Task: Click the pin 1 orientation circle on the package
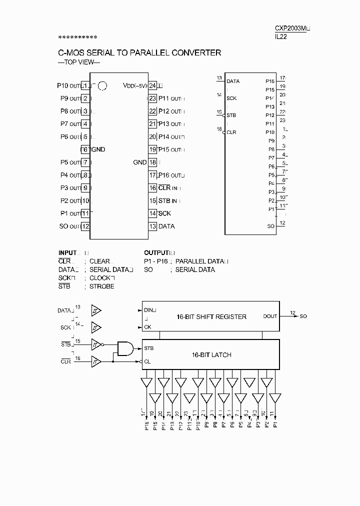tap(102, 86)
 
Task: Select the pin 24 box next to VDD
tap(152, 85)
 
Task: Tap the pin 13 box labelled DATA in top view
tap(152, 226)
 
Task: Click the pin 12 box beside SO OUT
tap(85, 226)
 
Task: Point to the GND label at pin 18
tap(140, 162)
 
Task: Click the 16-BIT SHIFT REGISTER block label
tap(211, 316)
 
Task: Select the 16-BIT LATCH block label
tap(211, 354)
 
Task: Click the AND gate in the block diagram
tap(124, 348)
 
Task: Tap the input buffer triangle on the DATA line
tap(95, 311)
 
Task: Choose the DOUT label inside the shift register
tap(270, 316)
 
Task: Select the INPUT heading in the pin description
tap(67, 253)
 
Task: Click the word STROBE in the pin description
tap(101, 286)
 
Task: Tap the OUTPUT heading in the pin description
tap(156, 253)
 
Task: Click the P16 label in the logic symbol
tap(270, 81)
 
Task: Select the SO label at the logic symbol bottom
tap(271, 226)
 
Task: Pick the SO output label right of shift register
tap(303, 316)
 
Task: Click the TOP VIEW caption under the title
tap(79, 62)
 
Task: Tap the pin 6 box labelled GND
tap(84, 149)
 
